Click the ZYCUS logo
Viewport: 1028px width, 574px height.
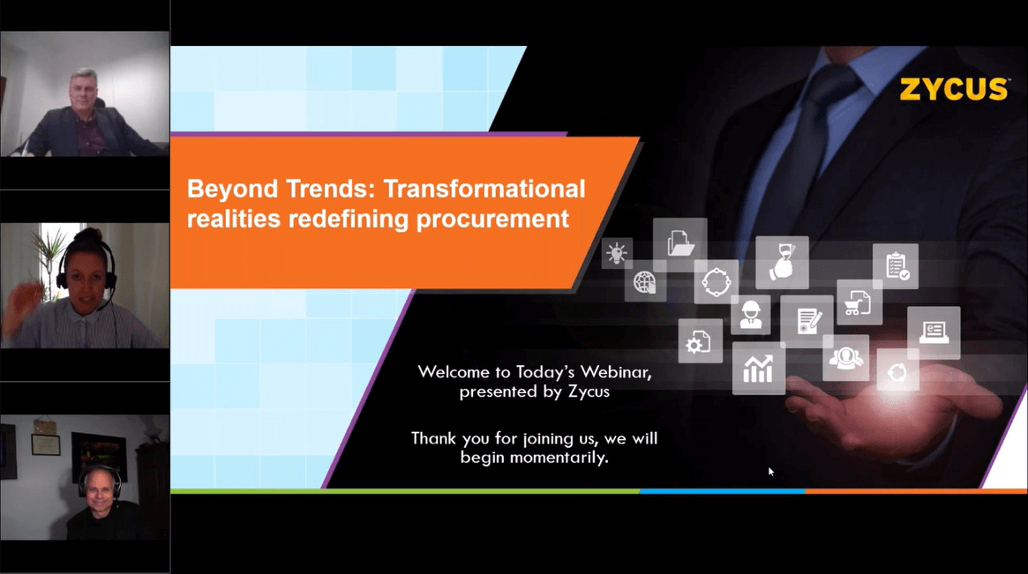click(x=954, y=89)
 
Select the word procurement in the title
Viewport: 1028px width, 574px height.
click(x=496, y=219)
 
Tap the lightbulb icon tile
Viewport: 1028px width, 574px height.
click(x=617, y=254)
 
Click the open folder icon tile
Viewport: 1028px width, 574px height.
click(x=679, y=242)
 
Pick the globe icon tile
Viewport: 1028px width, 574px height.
click(x=645, y=283)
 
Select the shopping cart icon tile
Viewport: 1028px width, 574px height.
click(x=859, y=302)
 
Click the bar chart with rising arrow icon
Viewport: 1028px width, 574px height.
click(x=758, y=369)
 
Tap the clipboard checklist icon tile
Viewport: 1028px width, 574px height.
click(x=896, y=266)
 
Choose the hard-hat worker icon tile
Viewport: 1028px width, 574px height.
click(x=751, y=314)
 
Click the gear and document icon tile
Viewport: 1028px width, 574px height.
click(x=700, y=341)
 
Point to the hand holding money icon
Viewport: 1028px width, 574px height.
click(x=782, y=262)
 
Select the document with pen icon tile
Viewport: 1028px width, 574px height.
click(x=807, y=320)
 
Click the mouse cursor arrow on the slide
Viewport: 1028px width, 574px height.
click(x=771, y=472)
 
